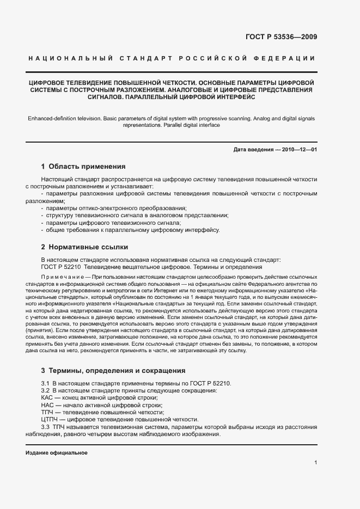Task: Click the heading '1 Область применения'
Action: click(x=83, y=167)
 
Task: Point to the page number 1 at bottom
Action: click(x=315, y=462)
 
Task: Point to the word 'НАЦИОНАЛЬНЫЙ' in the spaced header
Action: click(x=70, y=58)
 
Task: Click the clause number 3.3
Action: click(x=46, y=427)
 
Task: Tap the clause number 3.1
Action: click(x=46, y=384)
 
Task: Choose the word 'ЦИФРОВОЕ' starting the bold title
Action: click(x=48, y=82)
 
